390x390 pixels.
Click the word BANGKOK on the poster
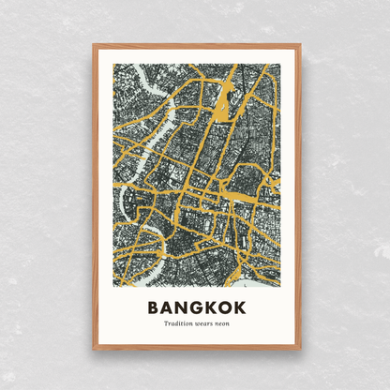click(x=195, y=307)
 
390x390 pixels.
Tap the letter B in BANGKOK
click(x=154, y=307)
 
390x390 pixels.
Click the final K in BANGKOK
click(x=236, y=307)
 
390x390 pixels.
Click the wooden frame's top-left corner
click(x=94, y=44)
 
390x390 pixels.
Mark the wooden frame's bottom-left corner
click(x=94, y=349)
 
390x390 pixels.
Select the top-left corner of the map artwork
click(x=112, y=64)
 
